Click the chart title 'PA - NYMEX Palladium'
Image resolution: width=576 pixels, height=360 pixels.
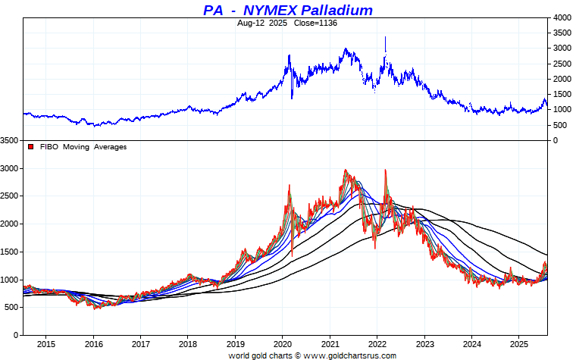(288, 10)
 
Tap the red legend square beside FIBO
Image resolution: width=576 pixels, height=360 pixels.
(30, 146)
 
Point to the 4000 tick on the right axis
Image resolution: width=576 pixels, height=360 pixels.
(562, 17)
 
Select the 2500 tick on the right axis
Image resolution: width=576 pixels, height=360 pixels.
(562, 64)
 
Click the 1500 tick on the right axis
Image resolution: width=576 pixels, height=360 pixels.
(562, 95)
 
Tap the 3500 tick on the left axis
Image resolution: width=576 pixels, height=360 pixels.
(10, 141)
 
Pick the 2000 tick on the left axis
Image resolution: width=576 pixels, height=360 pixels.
(10, 224)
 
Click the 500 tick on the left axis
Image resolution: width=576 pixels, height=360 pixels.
(12, 307)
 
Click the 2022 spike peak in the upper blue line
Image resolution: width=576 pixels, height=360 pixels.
(386, 37)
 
